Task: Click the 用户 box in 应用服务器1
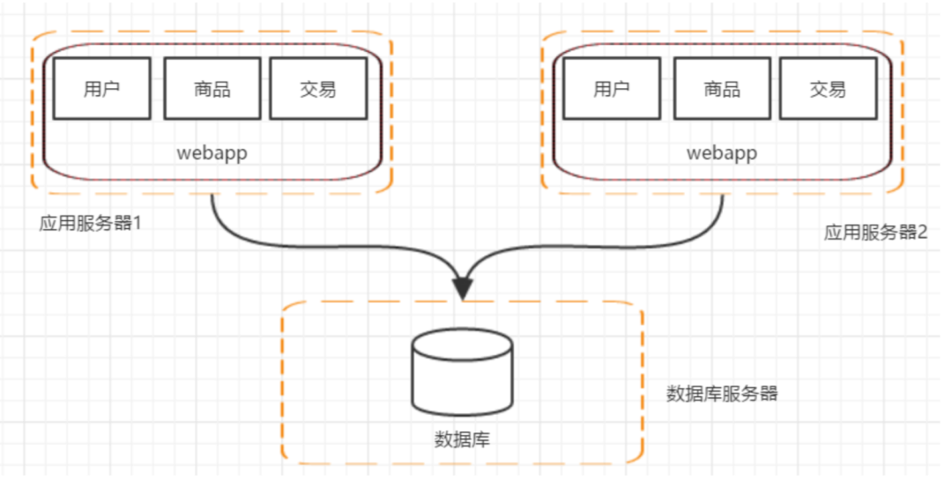click(x=102, y=89)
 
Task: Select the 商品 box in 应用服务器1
click(x=212, y=89)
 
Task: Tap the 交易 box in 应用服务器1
click(x=318, y=89)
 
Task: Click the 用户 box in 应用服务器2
click(x=612, y=89)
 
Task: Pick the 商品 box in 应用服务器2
click(x=723, y=89)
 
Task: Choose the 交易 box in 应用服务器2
click(x=828, y=89)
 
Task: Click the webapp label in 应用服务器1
click(x=212, y=153)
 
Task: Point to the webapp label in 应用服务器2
click(x=723, y=153)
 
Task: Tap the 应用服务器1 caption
click(x=91, y=223)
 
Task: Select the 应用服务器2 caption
click(x=875, y=232)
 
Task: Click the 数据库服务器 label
click(x=723, y=394)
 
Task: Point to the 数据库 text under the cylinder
click(x=463, y=439)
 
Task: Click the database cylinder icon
click(x=463, y=372)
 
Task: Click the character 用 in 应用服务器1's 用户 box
click(x=93, y=89)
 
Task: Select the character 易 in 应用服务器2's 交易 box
click(x=837, y=89)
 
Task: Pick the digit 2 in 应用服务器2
click(x=923, y=232)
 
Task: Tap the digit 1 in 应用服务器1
click(x=138, y=223)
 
